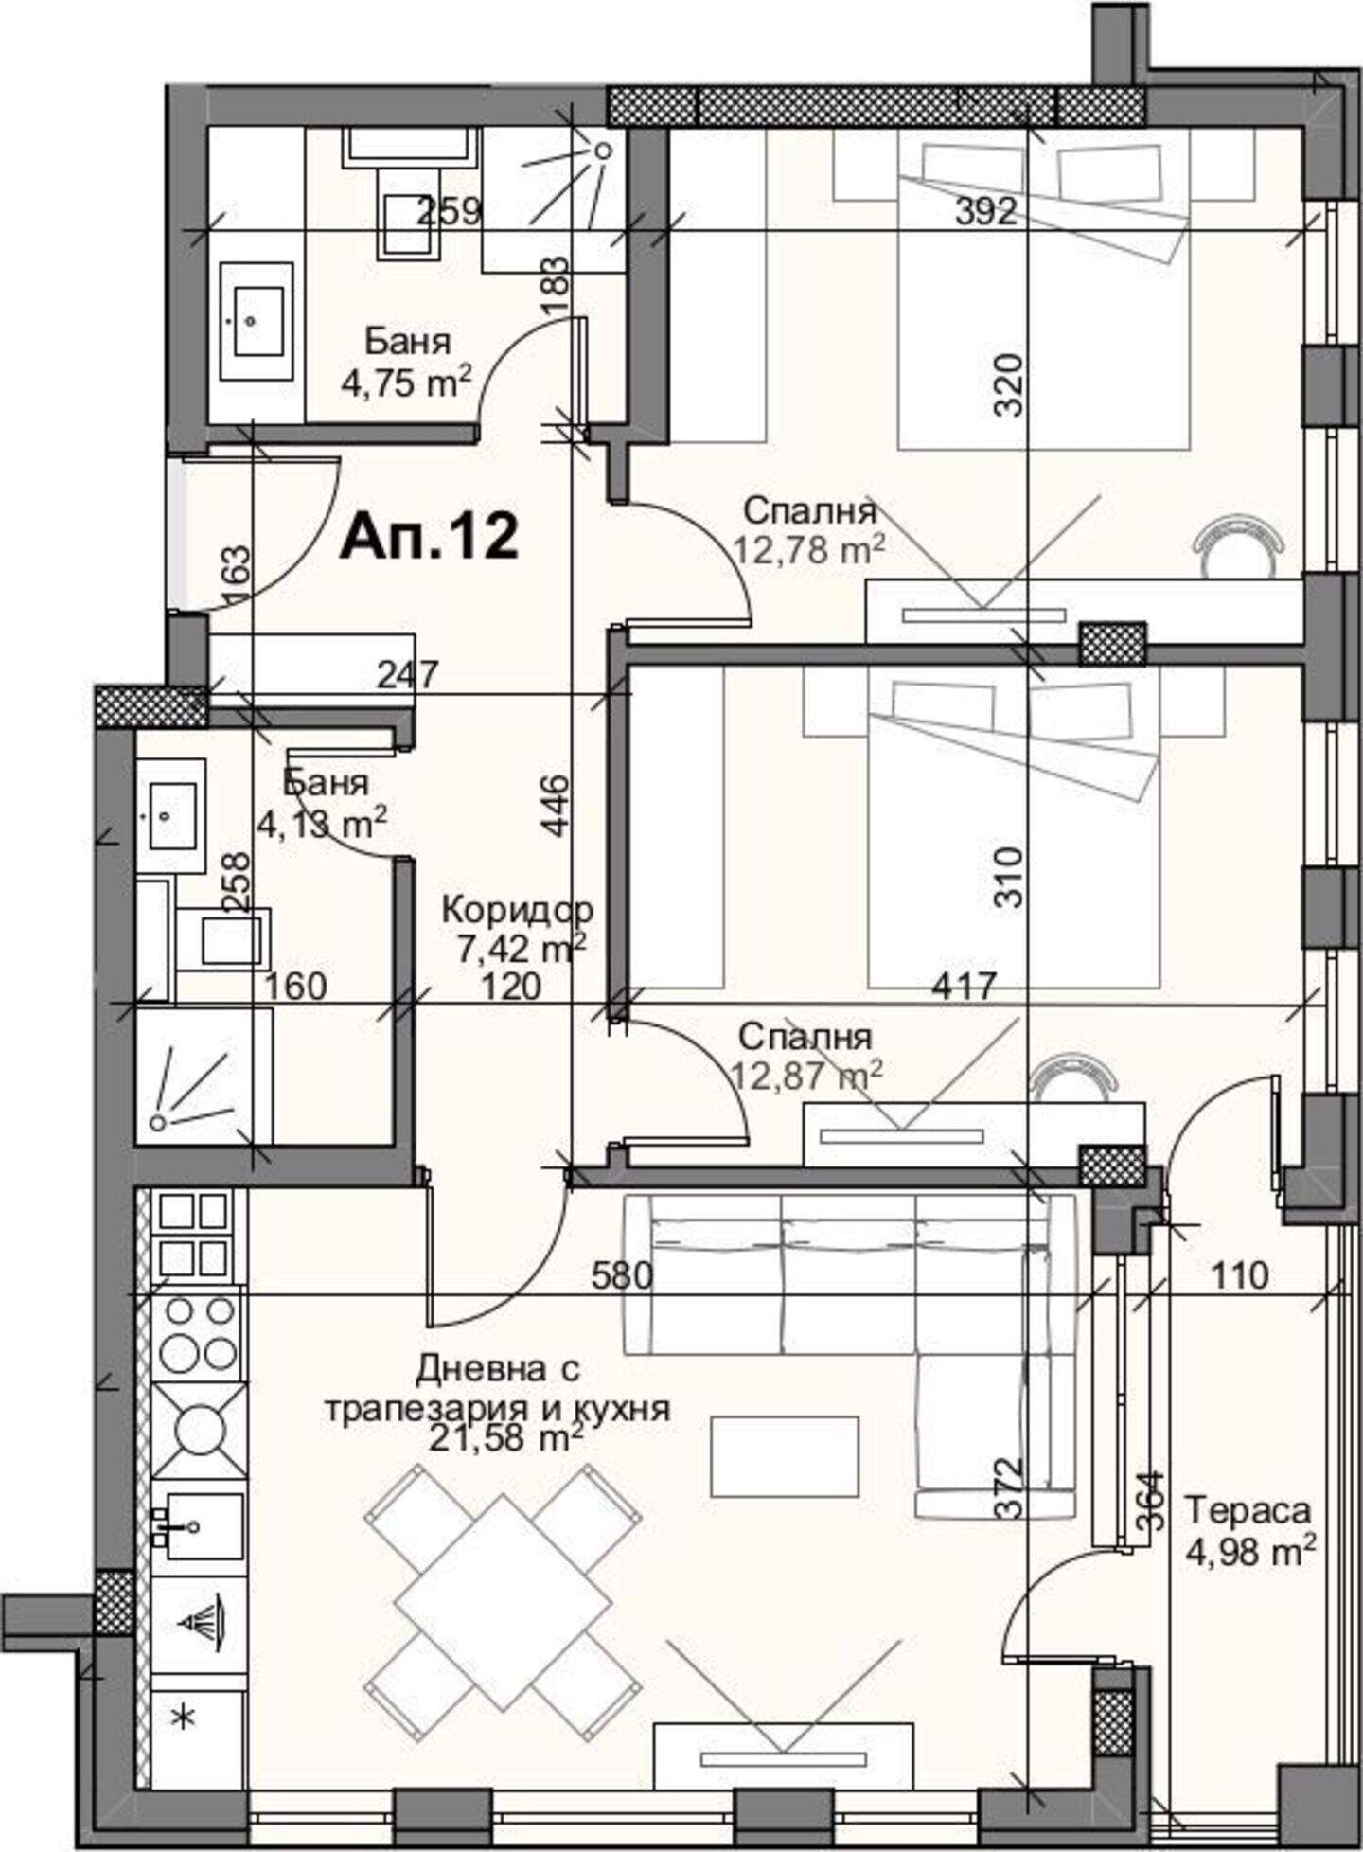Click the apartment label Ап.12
(429, 537)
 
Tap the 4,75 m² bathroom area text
(406, 383)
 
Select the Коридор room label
(517, 910)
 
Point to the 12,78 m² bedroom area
(809, 549)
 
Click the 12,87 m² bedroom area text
(807, 1074)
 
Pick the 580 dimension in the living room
(622, 1276)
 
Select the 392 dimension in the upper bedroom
(985, 212)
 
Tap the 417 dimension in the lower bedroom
(964, 986)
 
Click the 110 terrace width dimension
(1239, 1276)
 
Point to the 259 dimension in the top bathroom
(450, 210)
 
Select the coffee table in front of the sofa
(785, 1456)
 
